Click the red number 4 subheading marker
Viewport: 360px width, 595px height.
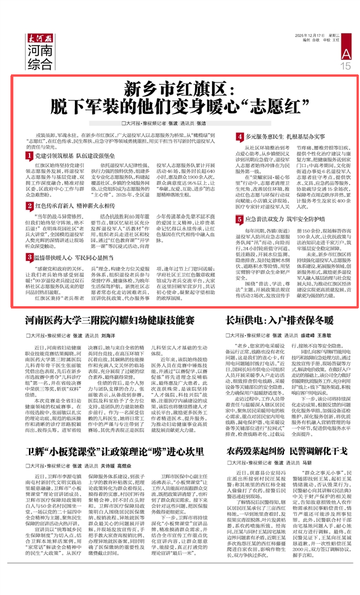pyautogui.click(x=239, y=137)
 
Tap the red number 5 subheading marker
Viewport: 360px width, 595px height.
pyautogui.click(x=239, y=220)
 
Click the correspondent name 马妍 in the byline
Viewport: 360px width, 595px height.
pyautogui.click(x=307, y=465)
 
